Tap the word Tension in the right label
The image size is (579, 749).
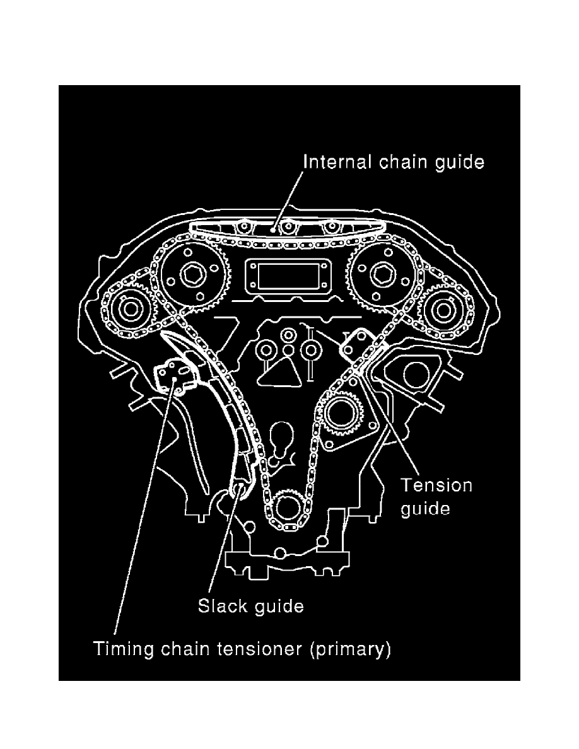point(436,485)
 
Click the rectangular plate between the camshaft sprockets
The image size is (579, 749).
point(286,277)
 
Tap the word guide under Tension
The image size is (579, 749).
point(426,508)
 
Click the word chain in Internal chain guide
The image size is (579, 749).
point(402,162)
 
